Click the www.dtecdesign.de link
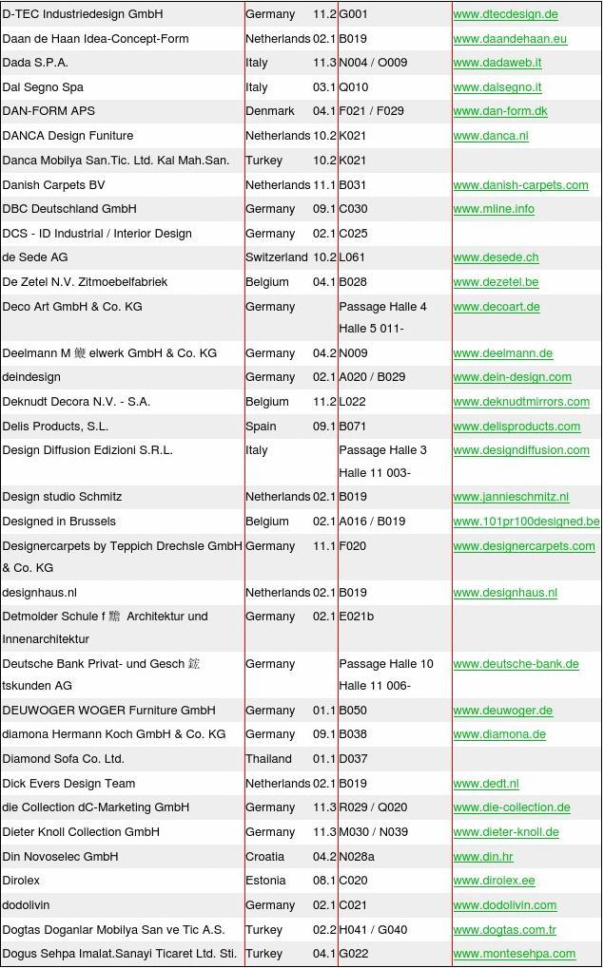(505, 14)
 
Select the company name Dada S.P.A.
(35, 63)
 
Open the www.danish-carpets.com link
(520, 185)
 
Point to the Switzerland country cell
(277, 257)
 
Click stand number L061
(353, 257)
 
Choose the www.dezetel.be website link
(496, 282)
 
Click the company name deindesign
(31, 377)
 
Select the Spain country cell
(261, 427)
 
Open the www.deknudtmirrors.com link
(521, 402)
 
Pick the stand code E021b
(357, 617)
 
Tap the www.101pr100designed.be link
(526, 522)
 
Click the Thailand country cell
(268, 759)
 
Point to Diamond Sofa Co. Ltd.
(64, 759)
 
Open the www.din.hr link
(483, 857)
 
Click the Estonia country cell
(265, 881)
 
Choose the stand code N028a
(357, 857)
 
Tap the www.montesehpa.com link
(515, 954)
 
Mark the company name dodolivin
(26, 905)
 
